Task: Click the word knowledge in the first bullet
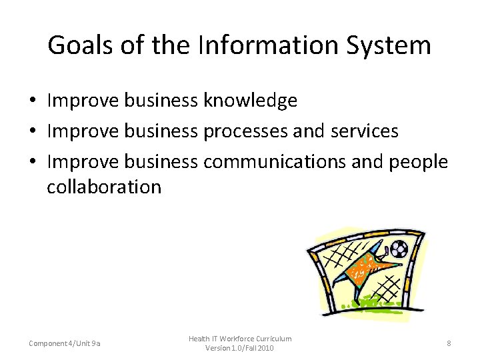250,101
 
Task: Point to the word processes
245,131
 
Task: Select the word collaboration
104,187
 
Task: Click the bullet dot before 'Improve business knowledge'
32,101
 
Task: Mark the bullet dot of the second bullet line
32,131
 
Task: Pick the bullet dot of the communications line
32,161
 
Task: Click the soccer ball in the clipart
399,249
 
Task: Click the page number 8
449,343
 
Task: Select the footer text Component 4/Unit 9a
65,343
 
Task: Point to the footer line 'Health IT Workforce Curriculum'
240,339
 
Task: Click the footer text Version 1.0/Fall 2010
240,348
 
